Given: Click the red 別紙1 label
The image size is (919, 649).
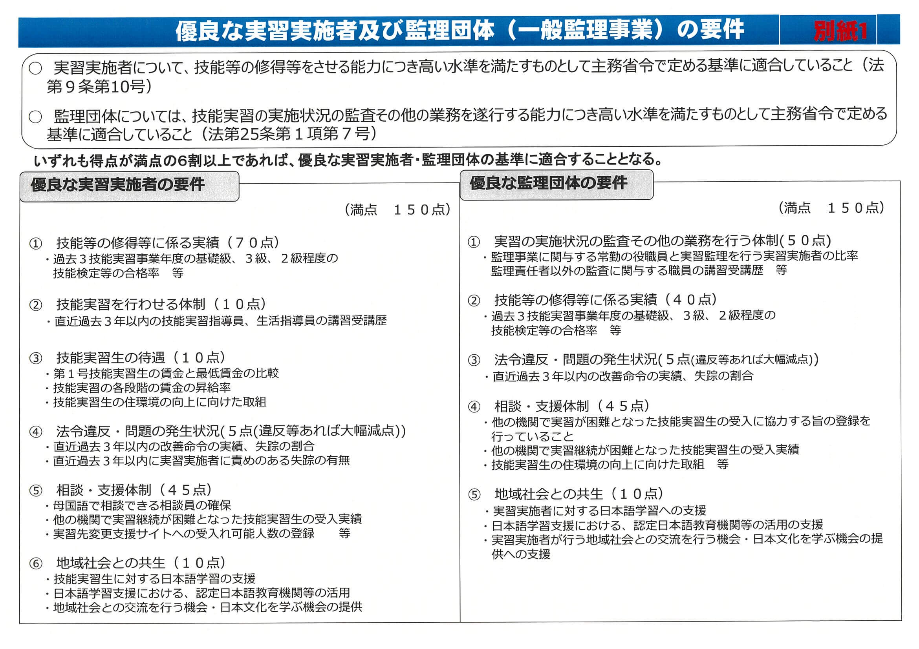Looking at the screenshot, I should click(840, 30).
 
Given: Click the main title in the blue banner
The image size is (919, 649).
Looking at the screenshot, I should click(459, 30).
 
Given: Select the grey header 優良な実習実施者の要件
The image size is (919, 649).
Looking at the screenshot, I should click(118, 185).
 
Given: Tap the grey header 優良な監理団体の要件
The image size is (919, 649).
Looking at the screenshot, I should click(548, 183).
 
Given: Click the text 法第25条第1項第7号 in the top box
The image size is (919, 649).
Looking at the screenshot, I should click(292, 134).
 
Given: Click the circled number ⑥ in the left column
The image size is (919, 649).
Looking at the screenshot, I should click(36, 564).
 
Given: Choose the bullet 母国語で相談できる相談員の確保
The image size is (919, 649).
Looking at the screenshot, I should click(142, 505).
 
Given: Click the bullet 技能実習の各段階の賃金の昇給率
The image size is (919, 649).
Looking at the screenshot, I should click(142, 388).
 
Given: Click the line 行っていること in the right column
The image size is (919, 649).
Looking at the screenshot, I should click(532, 436).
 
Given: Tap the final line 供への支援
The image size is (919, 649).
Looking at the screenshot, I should click(521, 554).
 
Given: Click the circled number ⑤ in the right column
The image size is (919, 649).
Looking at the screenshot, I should click(474, 495).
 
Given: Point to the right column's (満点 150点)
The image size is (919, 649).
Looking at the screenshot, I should click(832, 208).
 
